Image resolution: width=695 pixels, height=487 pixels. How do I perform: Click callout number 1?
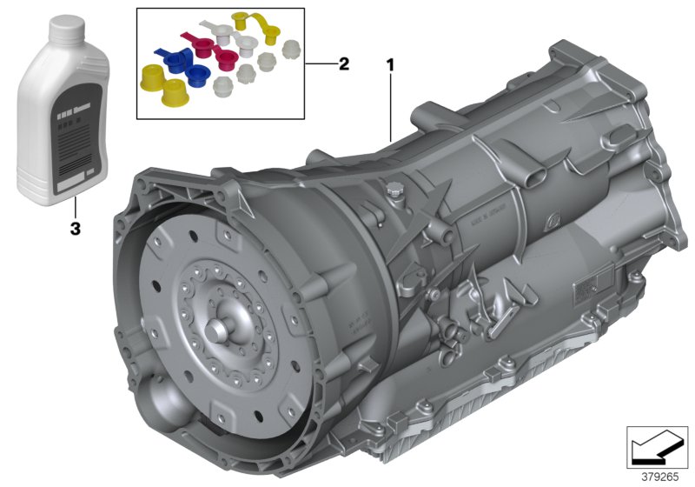tap(390, 63)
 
